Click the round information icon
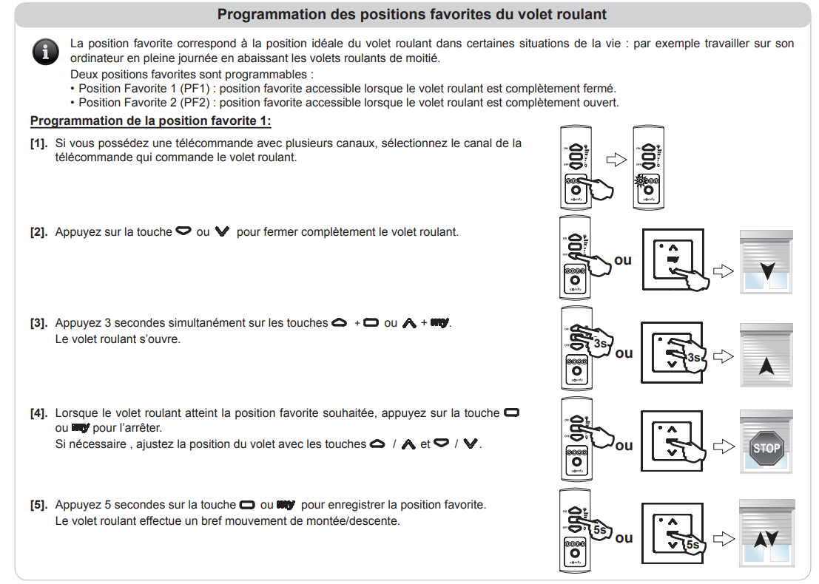point(46,51)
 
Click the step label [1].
point(39,143)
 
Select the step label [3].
point(39,323)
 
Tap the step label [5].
point(39,505)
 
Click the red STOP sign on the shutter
point(766,447)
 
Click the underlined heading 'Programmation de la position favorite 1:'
point(151,120)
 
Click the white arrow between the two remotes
point(616,160)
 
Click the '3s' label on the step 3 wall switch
point(694,358)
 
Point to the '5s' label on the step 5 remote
point(599,529)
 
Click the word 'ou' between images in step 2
point(623,260)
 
